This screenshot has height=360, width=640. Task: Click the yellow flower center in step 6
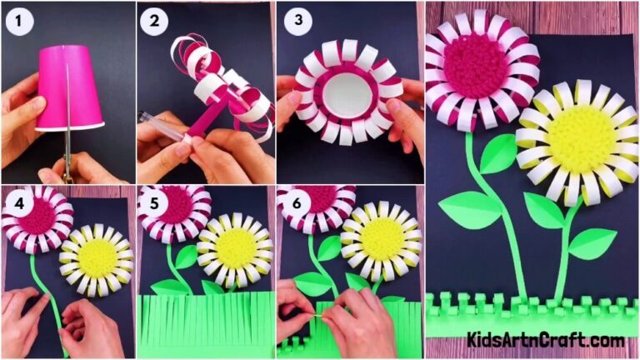[x=381, y=238]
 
